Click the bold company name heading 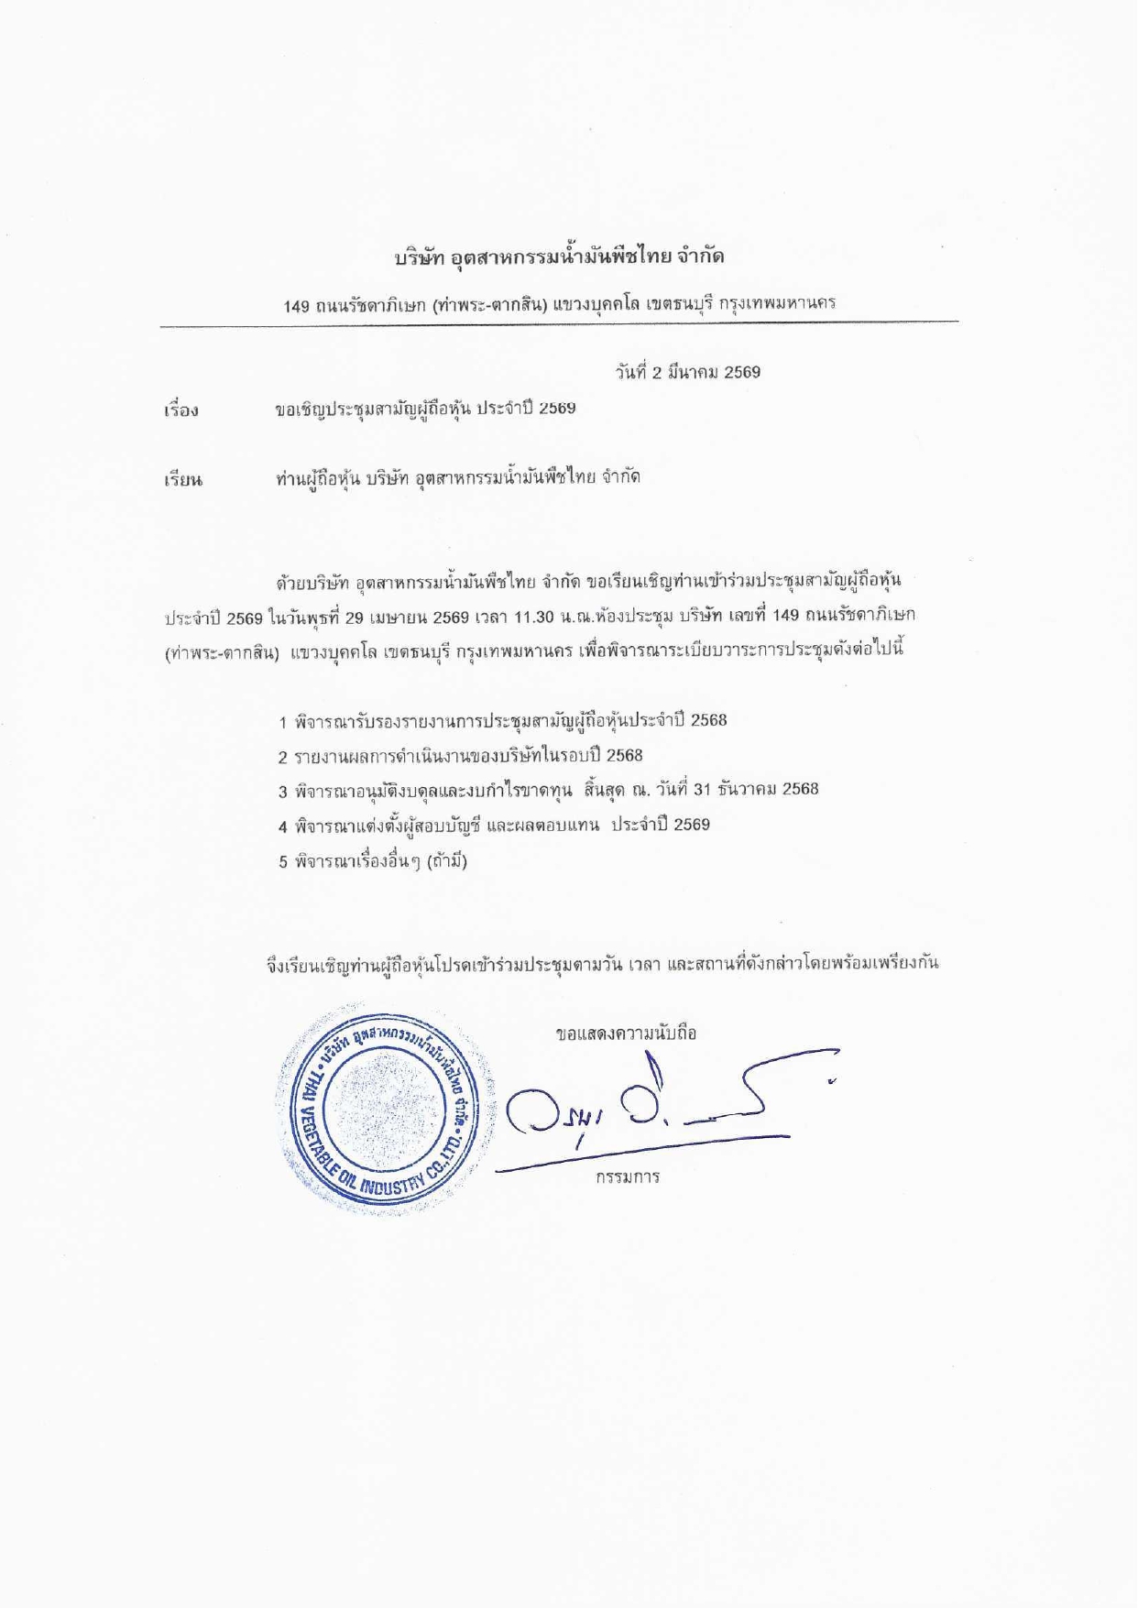coord(559,257)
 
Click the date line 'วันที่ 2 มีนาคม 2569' coord(687,372)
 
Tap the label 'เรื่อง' coord(181,410)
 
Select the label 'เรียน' coord(183,479)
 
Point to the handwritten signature coord(660,1109)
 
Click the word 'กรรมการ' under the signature coord(628,1177)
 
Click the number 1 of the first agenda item coord(284,722)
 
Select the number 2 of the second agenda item coord(284,758)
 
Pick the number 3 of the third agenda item coord(284,792)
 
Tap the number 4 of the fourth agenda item coord(284,826)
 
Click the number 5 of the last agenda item coord(284,862)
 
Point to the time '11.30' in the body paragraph coord(534,617)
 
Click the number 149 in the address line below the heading coord(297,306)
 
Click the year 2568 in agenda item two coord(624,756)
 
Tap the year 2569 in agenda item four coord(692,825)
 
